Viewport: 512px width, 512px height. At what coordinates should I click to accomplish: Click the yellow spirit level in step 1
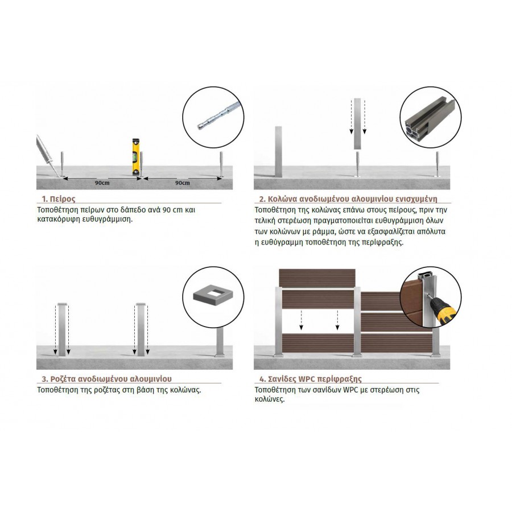point(136,157)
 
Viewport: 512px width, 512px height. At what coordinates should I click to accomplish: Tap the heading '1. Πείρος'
point(59,199)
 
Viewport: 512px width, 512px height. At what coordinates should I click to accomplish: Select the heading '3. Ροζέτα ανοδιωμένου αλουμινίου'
point(107,379)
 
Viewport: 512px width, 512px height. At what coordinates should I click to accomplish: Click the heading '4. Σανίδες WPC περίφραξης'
point(311,379)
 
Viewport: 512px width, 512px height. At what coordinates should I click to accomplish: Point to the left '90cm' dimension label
point(102,183)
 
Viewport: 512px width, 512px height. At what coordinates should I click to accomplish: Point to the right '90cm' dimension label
point(182,183)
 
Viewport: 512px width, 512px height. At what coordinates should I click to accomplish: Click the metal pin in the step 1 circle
point(219,115)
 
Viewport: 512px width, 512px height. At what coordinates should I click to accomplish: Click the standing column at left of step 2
point(278,151)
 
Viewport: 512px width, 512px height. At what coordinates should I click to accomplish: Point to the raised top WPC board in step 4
point(317,277)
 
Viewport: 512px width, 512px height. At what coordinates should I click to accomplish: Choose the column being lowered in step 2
point(358,124)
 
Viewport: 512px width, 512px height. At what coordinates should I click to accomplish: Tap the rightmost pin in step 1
point(221,164)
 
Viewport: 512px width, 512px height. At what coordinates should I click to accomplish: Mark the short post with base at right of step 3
point(220,342)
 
